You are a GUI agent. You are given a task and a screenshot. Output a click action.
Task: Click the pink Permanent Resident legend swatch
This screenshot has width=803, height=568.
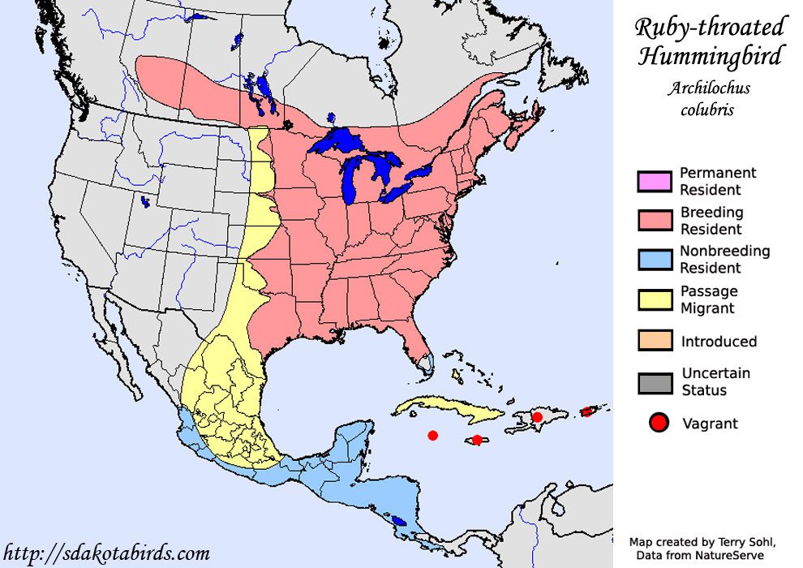[x=655, y=182]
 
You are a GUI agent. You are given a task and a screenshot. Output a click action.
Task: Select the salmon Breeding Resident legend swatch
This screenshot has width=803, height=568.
[x=655, y=221]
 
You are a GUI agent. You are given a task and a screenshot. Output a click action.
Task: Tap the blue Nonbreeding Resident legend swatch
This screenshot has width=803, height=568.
[x=655, y=260]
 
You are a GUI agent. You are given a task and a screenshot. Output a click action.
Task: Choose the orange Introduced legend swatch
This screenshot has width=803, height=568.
[x=655, y=341]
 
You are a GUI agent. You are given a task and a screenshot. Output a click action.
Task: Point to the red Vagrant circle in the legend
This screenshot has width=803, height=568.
[x=659, y=423]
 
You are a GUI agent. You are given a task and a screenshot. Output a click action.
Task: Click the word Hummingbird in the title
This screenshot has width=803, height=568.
[x=711, y=57]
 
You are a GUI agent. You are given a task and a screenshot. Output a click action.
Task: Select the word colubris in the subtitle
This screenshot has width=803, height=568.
[x=706, y=110]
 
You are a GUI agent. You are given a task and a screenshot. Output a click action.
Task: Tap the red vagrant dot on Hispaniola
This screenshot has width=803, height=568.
[x=537, y=417]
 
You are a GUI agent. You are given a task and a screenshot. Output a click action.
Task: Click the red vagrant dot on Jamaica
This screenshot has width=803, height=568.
[x=478, y=440]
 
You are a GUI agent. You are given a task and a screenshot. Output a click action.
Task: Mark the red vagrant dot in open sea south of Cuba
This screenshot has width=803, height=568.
[x=432, y=436]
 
